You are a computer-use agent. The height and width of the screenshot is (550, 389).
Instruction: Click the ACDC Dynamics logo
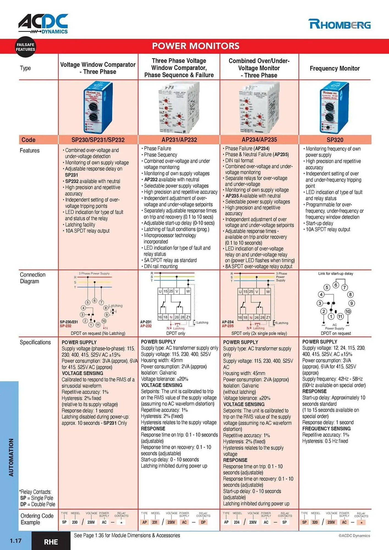[x=43, y=24]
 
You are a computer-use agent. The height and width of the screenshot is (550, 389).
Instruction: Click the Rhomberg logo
[x=339, y=24]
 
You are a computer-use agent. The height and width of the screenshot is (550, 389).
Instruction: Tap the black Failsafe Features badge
[x=25, y=47]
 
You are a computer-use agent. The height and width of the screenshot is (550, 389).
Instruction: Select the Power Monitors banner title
[x=196, y=46]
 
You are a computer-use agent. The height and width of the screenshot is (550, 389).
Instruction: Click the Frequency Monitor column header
[x=335, y=68]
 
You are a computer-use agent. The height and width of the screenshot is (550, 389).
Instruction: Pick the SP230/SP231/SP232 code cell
[x=98, y=140]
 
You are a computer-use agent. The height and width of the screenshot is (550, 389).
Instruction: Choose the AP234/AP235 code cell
[x=259, y=139]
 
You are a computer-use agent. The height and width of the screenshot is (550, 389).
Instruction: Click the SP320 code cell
[x=335, y=140]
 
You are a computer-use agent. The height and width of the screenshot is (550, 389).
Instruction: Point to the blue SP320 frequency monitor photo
[x=334, y=108]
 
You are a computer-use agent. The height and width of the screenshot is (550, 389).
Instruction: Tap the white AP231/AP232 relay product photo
[x=179, y=108]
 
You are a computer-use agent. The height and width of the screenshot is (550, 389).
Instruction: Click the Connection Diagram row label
[x=32, y=278]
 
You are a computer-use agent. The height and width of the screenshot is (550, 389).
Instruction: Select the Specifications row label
[x=35, y=342]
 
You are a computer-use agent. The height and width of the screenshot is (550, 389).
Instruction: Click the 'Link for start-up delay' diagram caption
[x=336, y=274]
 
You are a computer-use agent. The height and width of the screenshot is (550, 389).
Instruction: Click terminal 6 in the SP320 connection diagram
[x=336, y=285]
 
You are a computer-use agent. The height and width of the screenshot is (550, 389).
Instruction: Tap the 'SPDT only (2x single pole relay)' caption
[x=259, y=333]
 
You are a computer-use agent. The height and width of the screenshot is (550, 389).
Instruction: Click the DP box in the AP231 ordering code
[x=203, y=522]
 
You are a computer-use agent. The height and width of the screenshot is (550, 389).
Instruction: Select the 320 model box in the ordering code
[x=315, y=522]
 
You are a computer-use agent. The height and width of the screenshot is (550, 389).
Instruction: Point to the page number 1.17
[x=16, y=541]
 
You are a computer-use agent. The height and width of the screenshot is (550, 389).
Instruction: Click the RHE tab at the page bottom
[x=51, y=542]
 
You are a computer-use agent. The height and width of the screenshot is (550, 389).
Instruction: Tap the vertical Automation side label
[x=11, y=457]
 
